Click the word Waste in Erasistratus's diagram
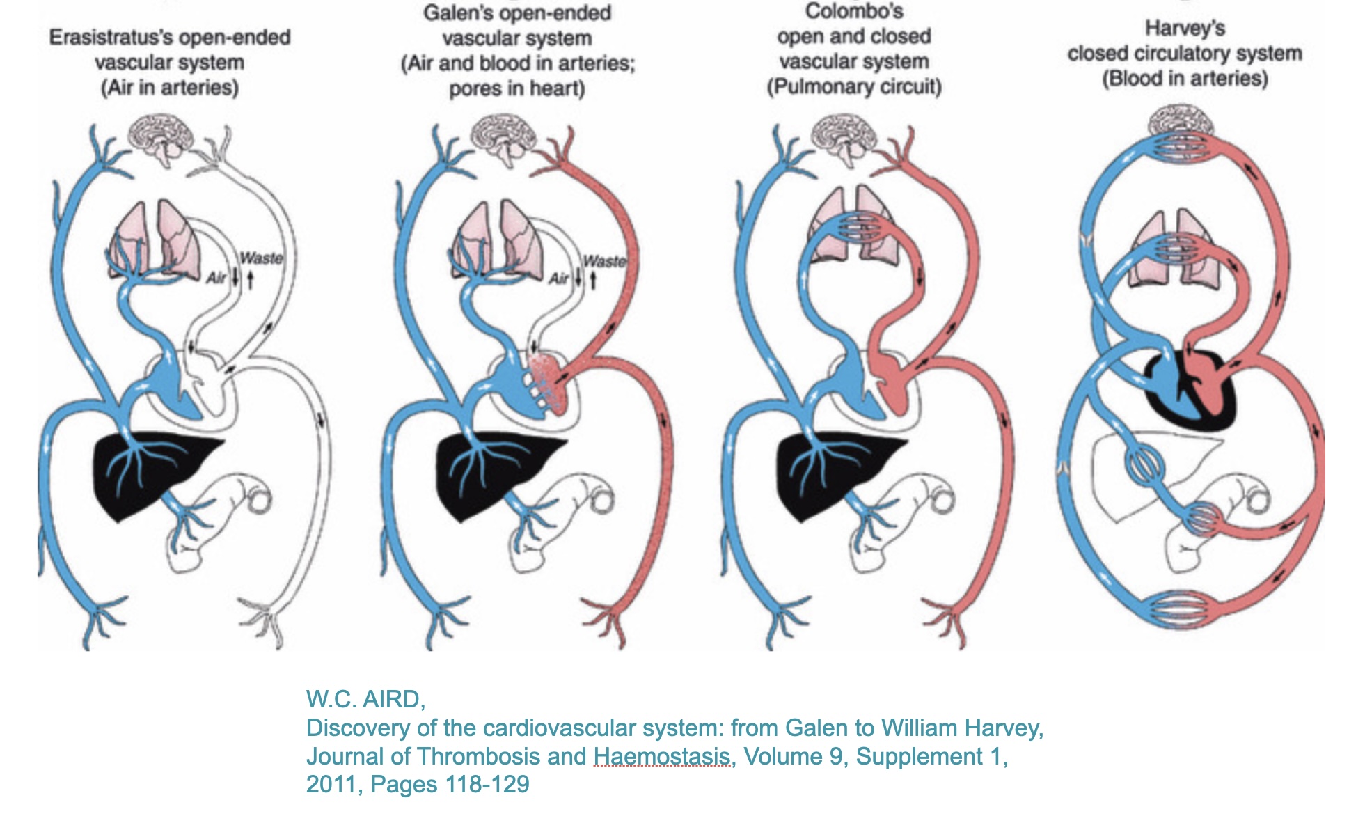tap(261, 258)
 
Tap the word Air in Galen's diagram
tap(559, 279)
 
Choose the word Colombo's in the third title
tap(854, 11)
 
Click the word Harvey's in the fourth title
tap(1185, 29)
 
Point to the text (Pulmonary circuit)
tap(854, 88)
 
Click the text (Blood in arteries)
tap(1185, 79)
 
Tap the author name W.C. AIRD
tap(365, 698)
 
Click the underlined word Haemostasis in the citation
tap(661, 756)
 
